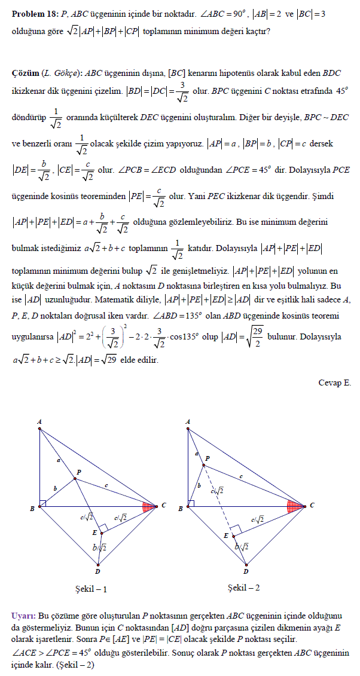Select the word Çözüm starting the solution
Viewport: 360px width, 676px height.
click(x=25, y=73)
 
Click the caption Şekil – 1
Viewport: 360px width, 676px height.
click(x=91, y=589)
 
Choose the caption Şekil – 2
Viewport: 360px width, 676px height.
click(x=244, y=588)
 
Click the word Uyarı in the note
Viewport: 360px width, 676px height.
click(x=23, y=615)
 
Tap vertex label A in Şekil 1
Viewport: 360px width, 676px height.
click(x=39, y=422)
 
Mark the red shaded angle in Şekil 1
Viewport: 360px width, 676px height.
click(x=148, y=507)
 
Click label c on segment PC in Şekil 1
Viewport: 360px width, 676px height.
click(x=106, y=485)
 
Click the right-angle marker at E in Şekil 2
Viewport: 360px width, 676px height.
click(x=236, y=530)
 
